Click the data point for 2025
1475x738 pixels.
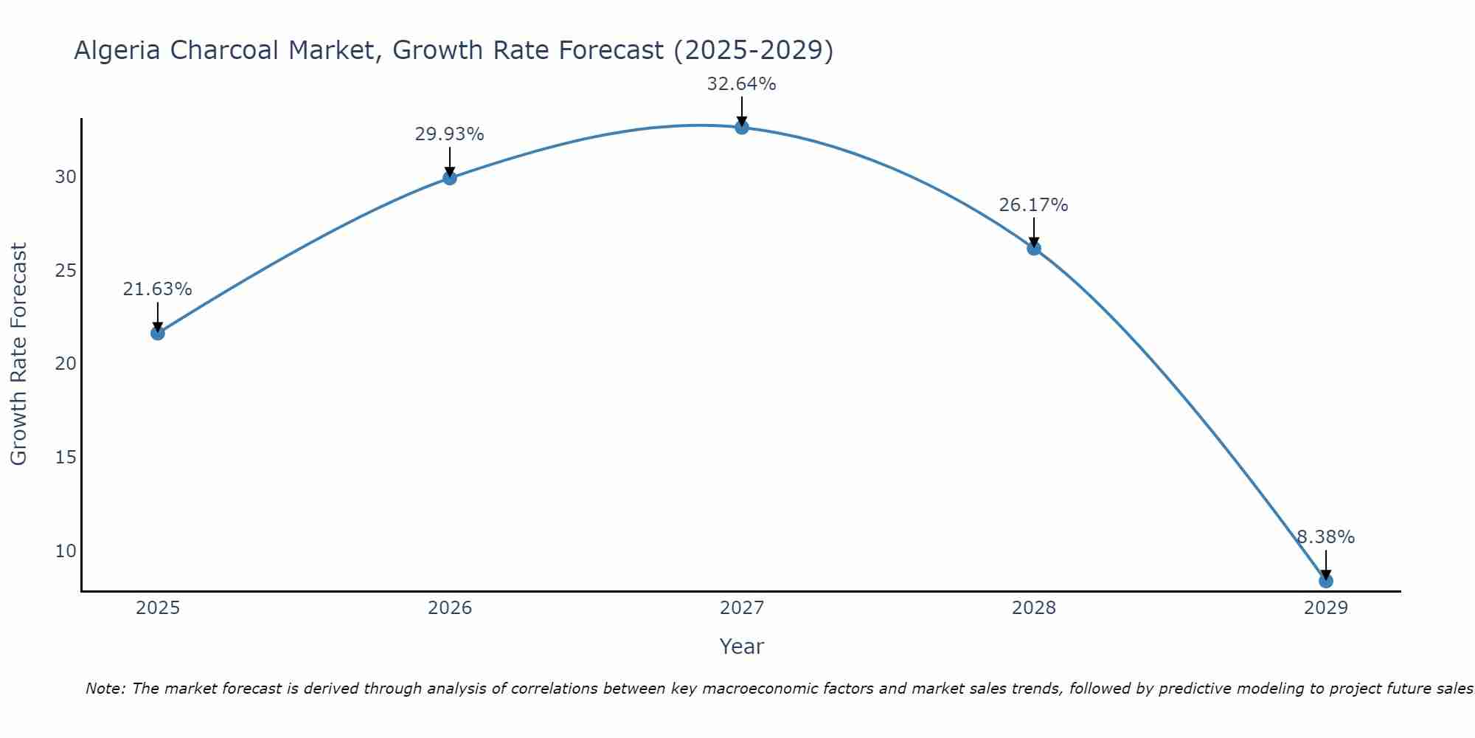[x=157, y=333]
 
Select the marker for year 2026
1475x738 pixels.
[x=450, y=177]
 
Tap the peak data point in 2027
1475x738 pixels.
[x=742, y=127]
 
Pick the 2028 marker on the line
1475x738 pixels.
[x=1034, y=248]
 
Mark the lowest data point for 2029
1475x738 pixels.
[x=1326, y=581]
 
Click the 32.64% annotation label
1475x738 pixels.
[x=741, y=84]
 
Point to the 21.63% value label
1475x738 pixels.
[x=157, y=289]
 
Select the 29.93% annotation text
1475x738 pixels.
[x=449, y=134]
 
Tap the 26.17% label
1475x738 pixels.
[x=1033, y=205]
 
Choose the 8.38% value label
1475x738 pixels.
[x=1325, y=537]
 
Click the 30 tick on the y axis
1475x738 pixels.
[x=66, y=177]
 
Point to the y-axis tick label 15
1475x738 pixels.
[x=66, y=458]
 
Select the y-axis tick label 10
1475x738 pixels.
[x=66, y=551]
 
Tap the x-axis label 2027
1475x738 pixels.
[x=742, y=608]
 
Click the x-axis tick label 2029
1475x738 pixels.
[x=1326, y=608]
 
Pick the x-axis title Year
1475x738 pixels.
[x=741, y=646]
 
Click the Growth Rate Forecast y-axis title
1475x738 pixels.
[x=18, y=354]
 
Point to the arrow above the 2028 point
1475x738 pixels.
[x=1034, y=232]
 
